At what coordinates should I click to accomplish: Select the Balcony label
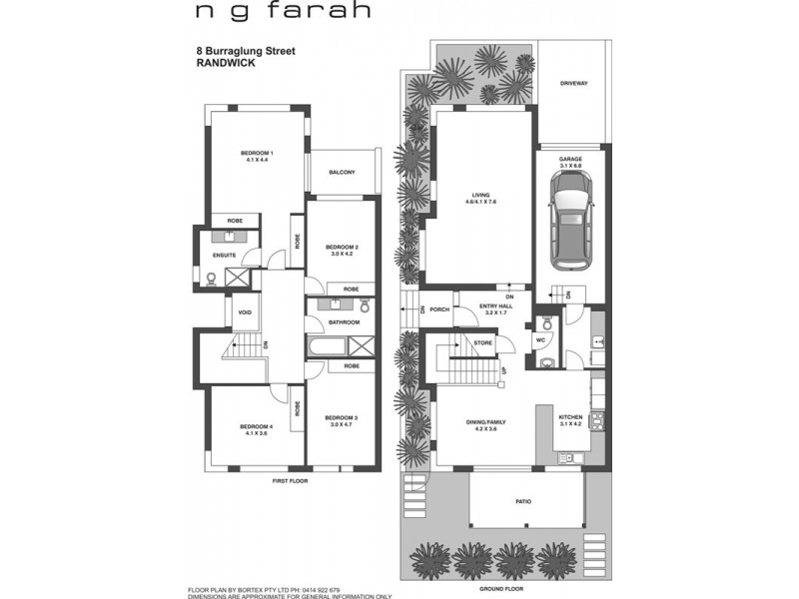342,173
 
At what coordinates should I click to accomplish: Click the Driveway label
573,83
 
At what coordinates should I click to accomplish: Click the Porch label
440,308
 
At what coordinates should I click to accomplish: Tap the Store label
483,342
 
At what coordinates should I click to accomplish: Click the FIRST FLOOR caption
291,481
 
